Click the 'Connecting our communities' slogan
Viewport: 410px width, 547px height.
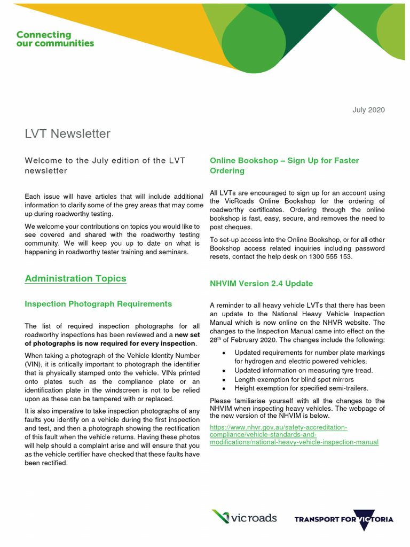tap(55, 39)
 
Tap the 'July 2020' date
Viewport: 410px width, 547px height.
tap(368, 110)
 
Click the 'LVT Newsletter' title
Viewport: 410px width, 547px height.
tap(68, 134)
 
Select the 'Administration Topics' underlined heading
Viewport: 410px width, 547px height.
tap(76, 278)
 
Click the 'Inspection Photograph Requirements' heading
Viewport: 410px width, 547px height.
tap(99, 304)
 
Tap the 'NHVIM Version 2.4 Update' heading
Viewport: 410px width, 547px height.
tap(262, 284)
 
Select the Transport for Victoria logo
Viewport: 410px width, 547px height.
tap(344, 519)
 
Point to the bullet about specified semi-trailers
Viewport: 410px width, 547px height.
tap(301, 388)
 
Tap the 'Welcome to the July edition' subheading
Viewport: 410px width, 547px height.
tap(105, 166)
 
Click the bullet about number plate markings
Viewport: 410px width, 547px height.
tap(310, 357)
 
